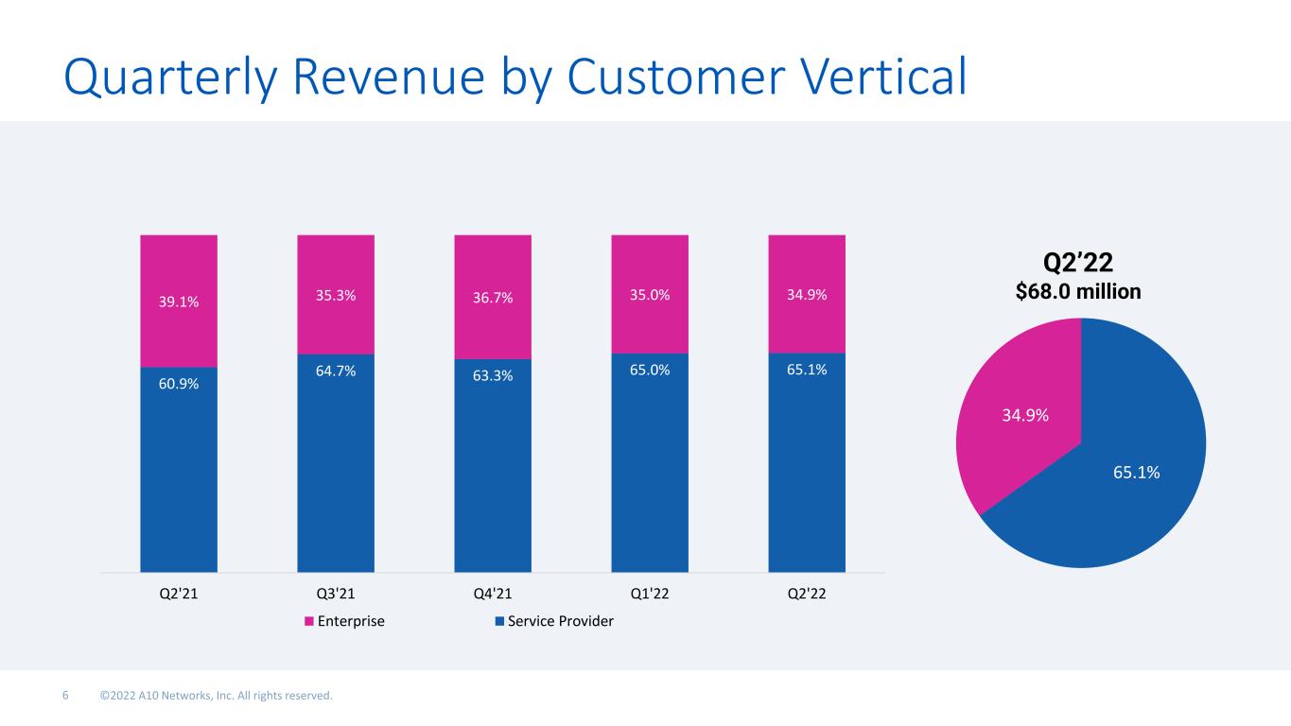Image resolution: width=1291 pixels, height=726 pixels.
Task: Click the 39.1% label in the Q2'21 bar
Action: tap(179, 302)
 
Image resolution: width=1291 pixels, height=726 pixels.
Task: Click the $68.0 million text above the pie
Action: tap(1078, 292)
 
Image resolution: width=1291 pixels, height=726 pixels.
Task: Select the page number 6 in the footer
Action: tap(65, 697)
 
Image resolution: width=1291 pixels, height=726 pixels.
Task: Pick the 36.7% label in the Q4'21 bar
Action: tap(493, 298)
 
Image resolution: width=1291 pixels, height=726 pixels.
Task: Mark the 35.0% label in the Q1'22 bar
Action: tap(650, 294)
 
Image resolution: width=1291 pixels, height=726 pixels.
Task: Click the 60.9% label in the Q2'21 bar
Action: tap(179, 384)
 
